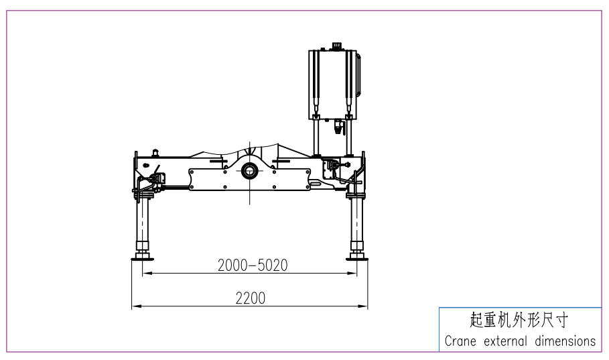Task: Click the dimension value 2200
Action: tap(251, 298)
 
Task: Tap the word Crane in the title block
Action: tap(460, 341)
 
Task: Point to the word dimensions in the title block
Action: tap(565, 341)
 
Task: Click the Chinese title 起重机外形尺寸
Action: tap(519, 320)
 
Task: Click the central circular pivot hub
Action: tap(249, 170)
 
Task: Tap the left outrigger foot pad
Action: tap(143, 257)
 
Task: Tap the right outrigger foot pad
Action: tap(357, 257)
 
